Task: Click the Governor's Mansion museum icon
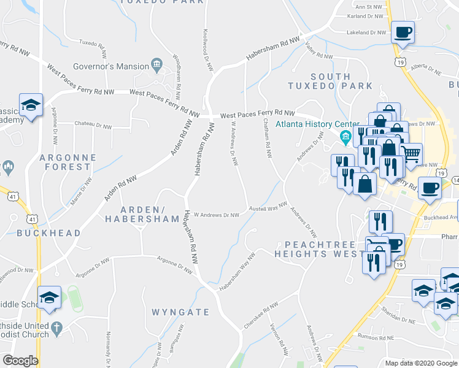(156, 66)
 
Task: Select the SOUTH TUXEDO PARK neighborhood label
(331, 82)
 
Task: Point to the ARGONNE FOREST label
(68, 162)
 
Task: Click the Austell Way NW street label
(268, 209)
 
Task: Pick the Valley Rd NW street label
(319, 55)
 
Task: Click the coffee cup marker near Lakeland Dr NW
(403, 32)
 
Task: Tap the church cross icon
(57, 328)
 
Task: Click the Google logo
(20, 361)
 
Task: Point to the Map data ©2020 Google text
(420, 363)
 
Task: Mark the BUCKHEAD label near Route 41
(48, 233)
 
